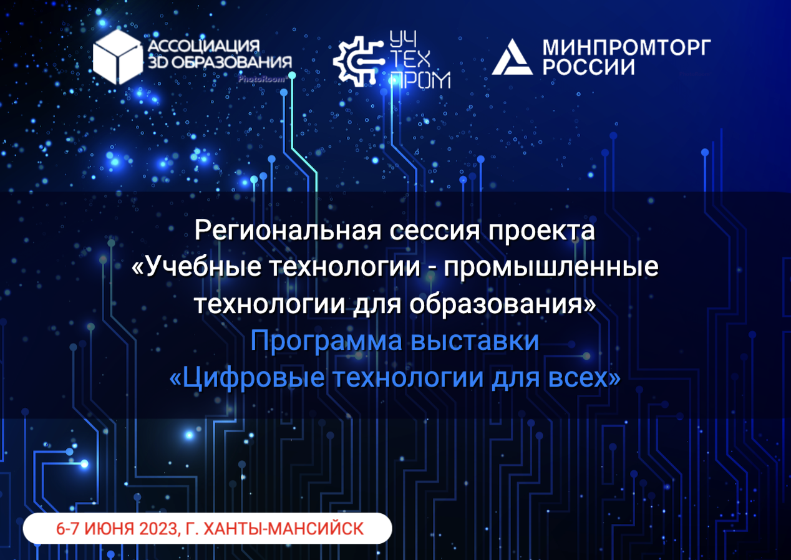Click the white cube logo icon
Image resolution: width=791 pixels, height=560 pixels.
(x=118, y=57)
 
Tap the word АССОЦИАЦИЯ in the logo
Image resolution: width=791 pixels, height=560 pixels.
(x=204, y=46)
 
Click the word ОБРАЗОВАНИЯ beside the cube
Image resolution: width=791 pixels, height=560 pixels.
(x=231, y=62)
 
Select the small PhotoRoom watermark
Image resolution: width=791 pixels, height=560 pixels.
(x=261, y=79)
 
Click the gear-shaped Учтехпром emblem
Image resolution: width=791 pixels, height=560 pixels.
(x=358, y=62)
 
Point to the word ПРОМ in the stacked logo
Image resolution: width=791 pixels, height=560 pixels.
(x=420, y=80)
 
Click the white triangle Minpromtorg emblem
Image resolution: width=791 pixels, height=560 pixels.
(x=512, y=57)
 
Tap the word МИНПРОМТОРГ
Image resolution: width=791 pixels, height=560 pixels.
(x=627, y=47)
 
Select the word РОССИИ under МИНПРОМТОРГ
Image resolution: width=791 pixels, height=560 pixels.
(x=588, y=67)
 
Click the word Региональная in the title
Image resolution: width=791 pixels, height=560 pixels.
(x=288, y=231)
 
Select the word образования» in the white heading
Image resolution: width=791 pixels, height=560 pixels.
(x=503, y=304)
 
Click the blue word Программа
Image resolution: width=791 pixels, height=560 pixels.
(x=326, y=341)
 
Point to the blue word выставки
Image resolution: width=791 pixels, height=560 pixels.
(x=475, y=340)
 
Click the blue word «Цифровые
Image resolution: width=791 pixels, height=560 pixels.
(x=247, y=378)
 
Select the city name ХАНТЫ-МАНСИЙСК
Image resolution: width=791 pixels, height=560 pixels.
(x=284, y=529)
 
